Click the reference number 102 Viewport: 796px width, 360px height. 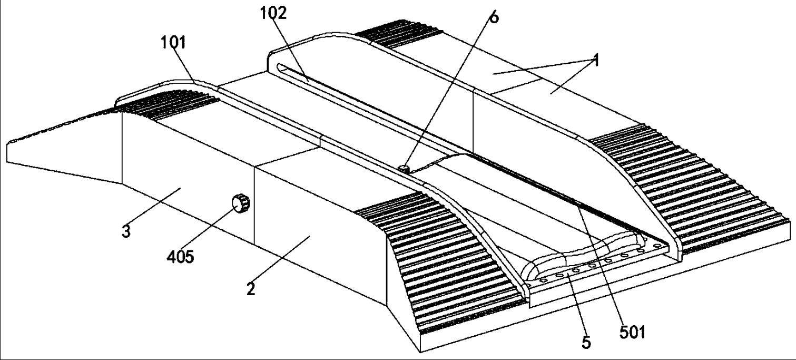273,14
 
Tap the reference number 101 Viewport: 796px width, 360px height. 173,43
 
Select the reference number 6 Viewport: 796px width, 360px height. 494,17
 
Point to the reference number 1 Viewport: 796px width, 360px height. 596,60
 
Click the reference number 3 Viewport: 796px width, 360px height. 126,231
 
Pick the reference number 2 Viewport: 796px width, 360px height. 251,289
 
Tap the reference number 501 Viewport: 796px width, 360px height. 632,332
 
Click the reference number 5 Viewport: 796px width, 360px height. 586,343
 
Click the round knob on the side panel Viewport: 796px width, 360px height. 241,203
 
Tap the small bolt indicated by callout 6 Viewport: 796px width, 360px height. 404,168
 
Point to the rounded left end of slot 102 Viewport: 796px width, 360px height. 280,66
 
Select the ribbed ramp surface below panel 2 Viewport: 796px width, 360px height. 440,263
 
